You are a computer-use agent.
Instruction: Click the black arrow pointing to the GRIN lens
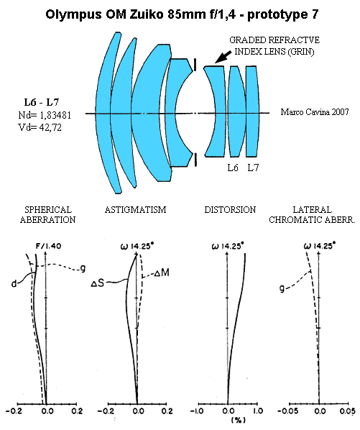(x=223, y=57)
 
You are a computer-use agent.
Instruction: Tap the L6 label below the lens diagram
(x=233, y=168)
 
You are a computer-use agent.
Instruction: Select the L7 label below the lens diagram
(x=253, y=168)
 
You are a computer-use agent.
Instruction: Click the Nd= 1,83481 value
(x=45, y=115)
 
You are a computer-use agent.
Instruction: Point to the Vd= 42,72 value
(x=40, y=127)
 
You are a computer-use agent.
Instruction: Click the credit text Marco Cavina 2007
(x=315, y=112)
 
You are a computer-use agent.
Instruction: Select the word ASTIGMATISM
(x=135, y=210)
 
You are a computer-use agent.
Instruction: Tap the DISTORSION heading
(x=230, y=210)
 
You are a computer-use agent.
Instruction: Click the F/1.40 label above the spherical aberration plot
(x=48, y=246)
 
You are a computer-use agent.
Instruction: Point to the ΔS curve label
(x=98, y=283)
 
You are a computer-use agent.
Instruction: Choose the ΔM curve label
(x=162, y=273)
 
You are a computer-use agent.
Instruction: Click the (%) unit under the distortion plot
(x=239, y=420)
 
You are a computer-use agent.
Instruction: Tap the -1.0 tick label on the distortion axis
(x=198, y=411)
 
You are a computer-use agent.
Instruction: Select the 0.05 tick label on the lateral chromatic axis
(x=348, y=411)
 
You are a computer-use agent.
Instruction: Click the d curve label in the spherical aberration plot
(x=14, y=283)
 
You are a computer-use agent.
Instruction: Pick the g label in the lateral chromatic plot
(x=282, y=288)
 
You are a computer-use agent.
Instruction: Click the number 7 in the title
(x=315, y=14)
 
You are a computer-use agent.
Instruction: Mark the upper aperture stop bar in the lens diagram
(x=195, y=65)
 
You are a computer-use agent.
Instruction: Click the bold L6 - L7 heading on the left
(x=42, y=103)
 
